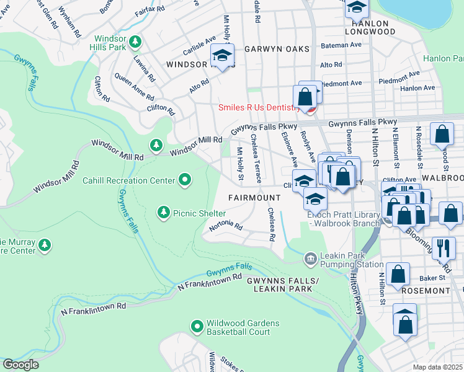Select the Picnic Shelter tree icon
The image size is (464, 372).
pos(164,213)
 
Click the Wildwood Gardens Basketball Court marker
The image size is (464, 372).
pos(197,326)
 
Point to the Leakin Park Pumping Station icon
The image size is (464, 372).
pos(310,257)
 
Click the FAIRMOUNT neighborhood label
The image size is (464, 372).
pos(254,197)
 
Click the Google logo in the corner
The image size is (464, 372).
pos(20,365)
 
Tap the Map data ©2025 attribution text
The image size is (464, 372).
pos(438,367)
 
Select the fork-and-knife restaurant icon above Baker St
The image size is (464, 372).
pos(442,247)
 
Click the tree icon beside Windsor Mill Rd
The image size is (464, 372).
pos(155,146)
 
